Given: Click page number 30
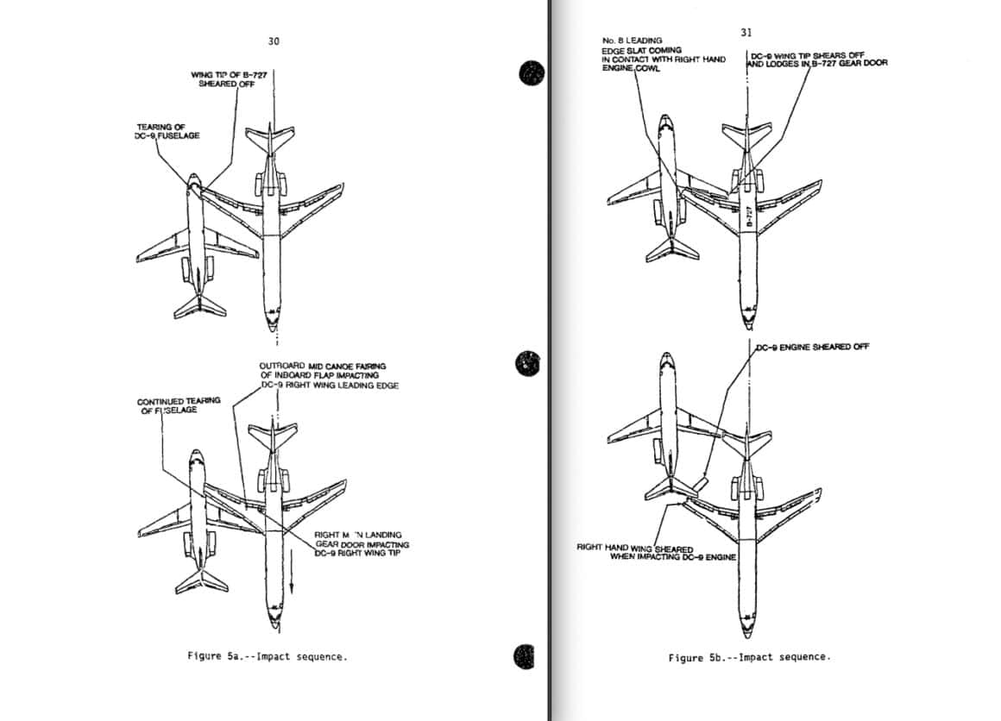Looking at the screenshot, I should click(274, 41).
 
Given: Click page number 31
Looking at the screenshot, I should click(746, 33).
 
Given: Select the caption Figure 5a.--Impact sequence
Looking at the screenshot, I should click(268, 656).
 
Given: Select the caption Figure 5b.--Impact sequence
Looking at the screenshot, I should click(749, 657).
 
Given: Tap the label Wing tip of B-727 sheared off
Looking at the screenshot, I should click(229, 79).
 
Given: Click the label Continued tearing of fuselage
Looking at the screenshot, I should click(178, 405).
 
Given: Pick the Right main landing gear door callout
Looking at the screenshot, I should click(362, 544).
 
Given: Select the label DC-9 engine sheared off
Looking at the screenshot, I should click(812, 347).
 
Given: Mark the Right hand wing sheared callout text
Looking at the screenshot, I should click(656, 552).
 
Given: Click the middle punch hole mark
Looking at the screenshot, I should click(526, 364).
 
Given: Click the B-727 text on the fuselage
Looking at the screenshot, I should click(749, 216).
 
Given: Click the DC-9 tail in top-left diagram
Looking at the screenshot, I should click(200, 305).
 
